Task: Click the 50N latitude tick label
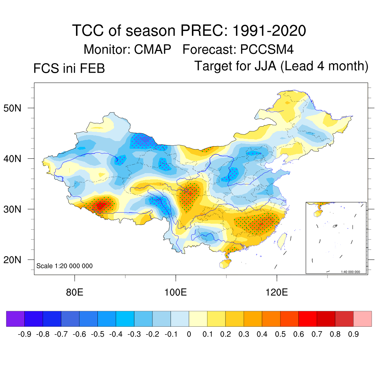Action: pyautogui.click(x=15, y=108)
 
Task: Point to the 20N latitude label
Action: pyautogui.click(x=15, y=260)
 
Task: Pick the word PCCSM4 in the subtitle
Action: pyautogui.click(x=267, y=49)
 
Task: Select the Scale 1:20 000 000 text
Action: pyautogui.click(x=65, y=266)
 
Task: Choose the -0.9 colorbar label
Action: pyautogui.click(x=24, y=334)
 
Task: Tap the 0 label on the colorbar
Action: pyautogui.click(x=189, y=334)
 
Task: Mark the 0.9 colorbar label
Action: pyautogui.click(x=354, y=334)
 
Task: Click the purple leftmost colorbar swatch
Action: pyautogui.click(x=16, y=319)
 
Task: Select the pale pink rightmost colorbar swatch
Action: pyautogui.click(x=362, y=319)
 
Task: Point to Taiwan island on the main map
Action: pyautogui.click(x=282, y=239)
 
